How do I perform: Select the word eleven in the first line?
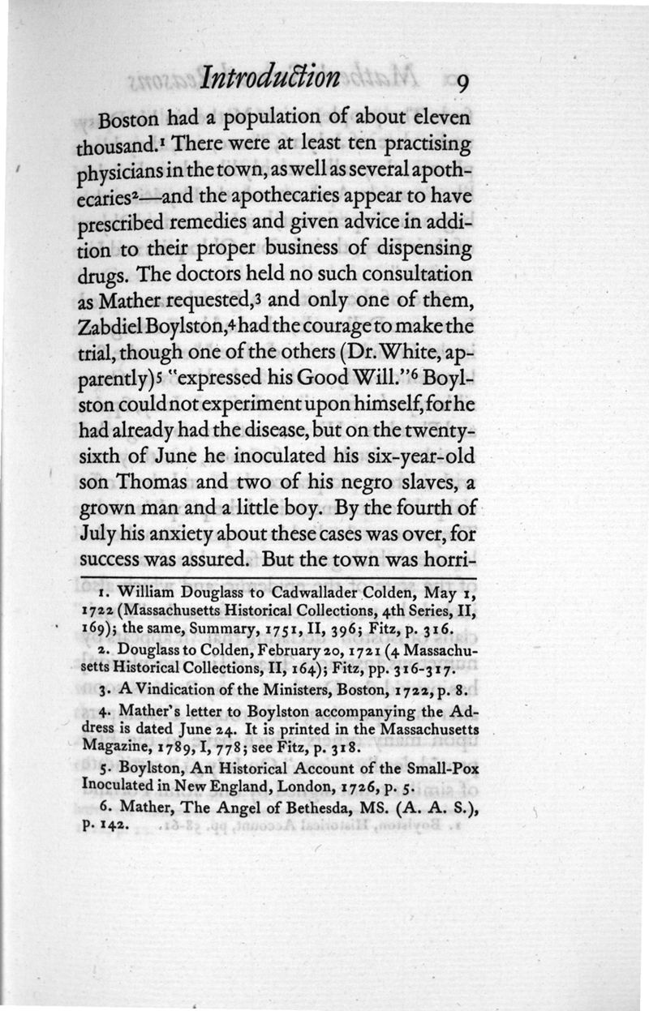tap(435, 118)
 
